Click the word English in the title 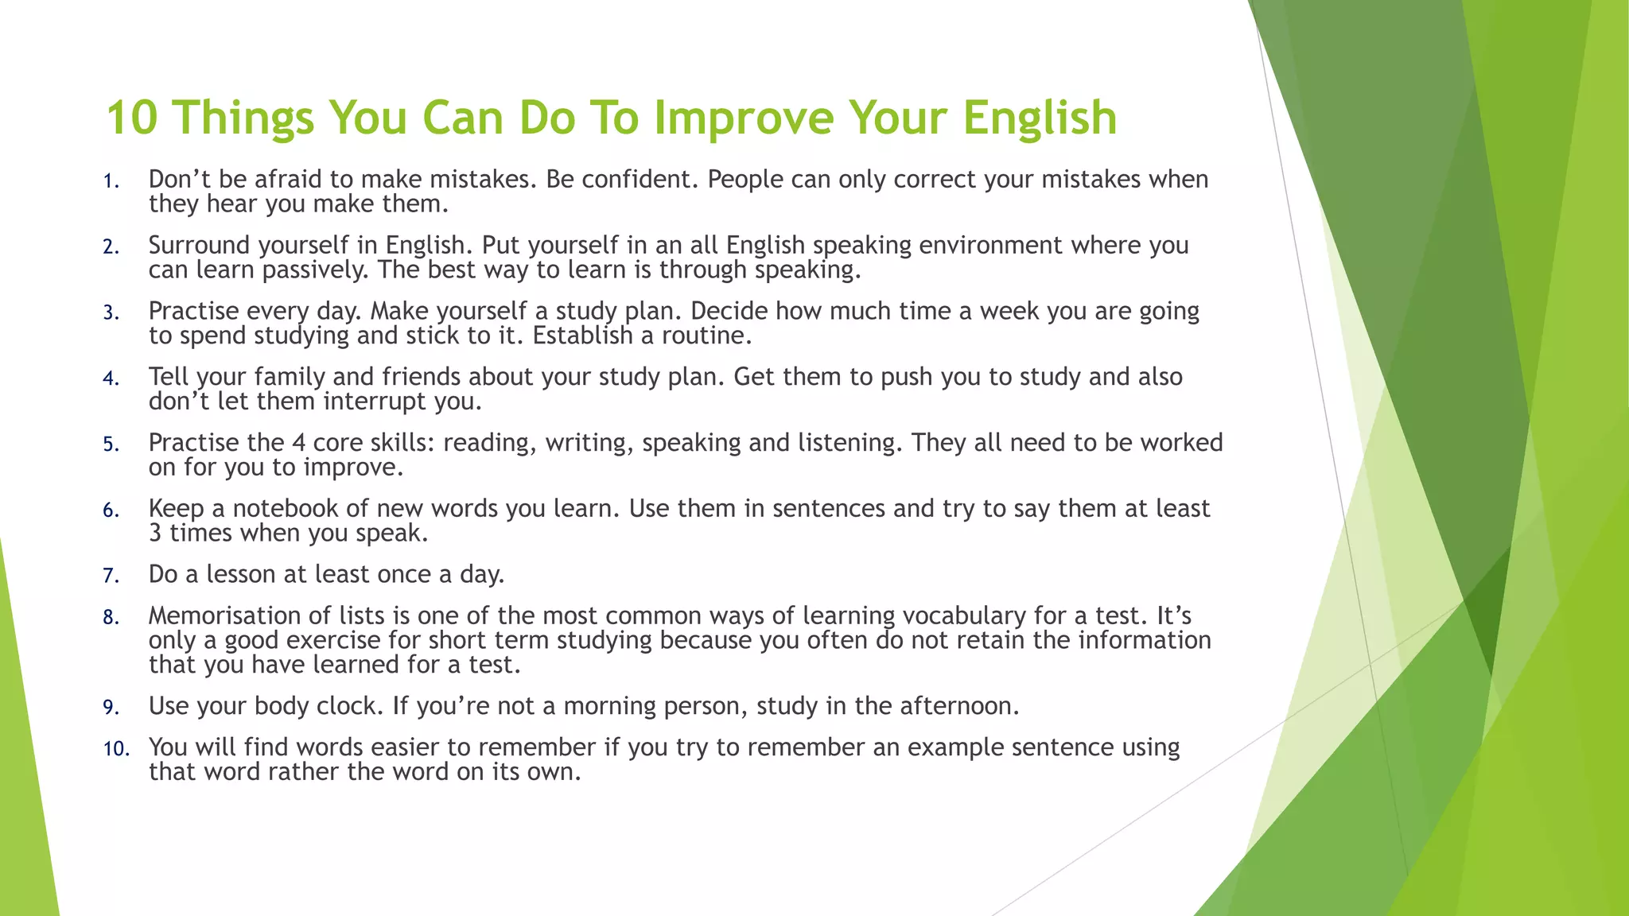(x=1040, y=118)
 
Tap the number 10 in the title (x=132, y=118)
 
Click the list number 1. (x=110, y=181)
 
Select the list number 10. (x=115, y=749)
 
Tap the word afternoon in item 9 (x=957, y=706)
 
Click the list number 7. (x=110, y=576)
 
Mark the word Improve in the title (x=743, y=118)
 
